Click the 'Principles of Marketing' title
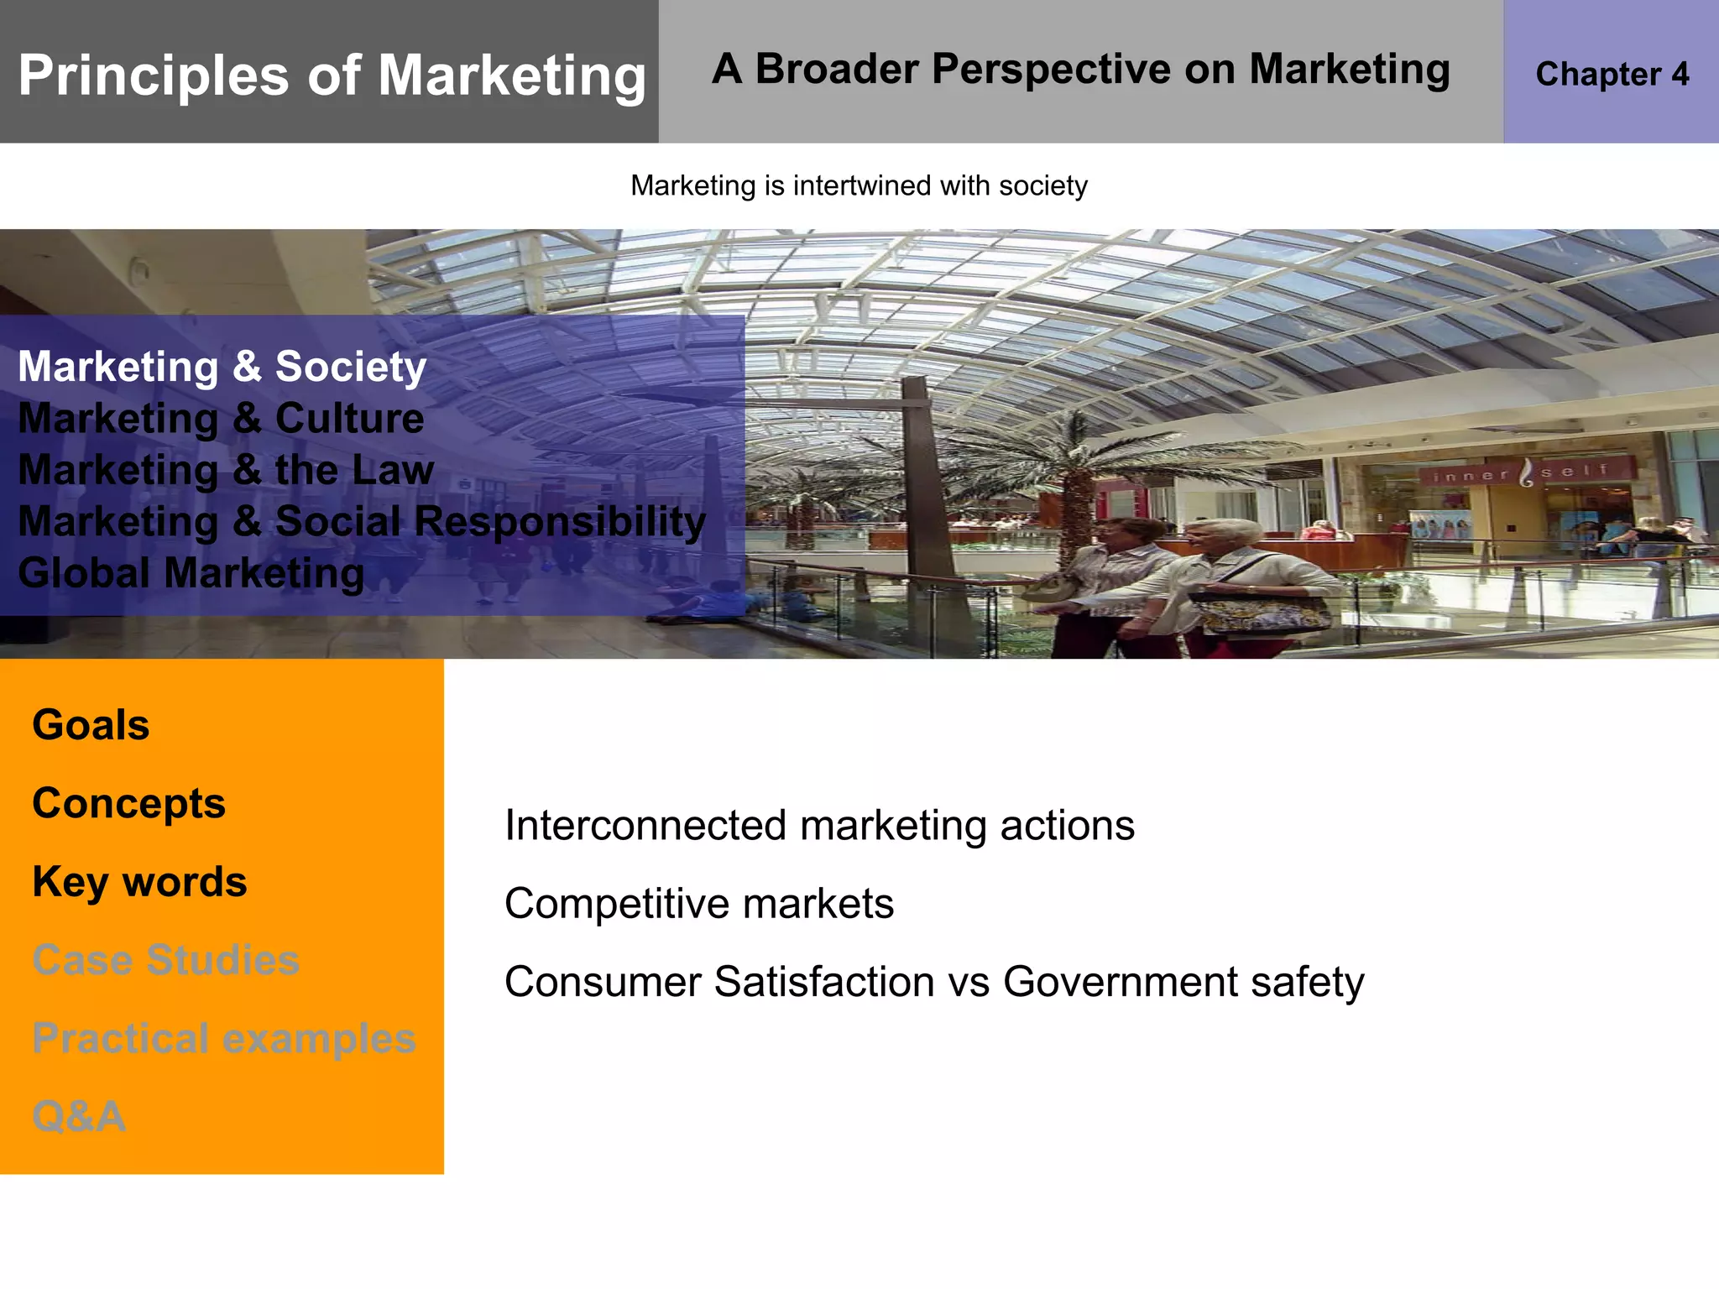[x=332, y=76]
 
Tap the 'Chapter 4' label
[x=1612, y=74]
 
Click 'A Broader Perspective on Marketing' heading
[x=1080, y=69]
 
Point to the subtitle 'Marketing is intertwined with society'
[x=859, y=185]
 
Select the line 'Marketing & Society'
[x=222, y=367]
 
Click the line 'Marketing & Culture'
[x=221, y=418]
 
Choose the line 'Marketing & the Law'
[x=226, y=469]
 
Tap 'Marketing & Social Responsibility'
[x=362, y=521]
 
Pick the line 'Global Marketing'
[x=191, y=573]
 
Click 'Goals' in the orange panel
[x=91, y=724]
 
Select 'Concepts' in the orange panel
[x=128, y=803]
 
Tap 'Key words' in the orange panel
[x=139, y=881]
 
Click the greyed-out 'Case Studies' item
[x=165, y=959]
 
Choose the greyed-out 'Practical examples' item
[x=223, y=1038]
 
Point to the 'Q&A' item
[x=79, y=1116]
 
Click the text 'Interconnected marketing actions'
[x=819, y=825]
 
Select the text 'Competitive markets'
[x=698, y=904]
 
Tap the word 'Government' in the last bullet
[x=1120, y=982]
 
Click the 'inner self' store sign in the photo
[x=1522, y=473]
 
